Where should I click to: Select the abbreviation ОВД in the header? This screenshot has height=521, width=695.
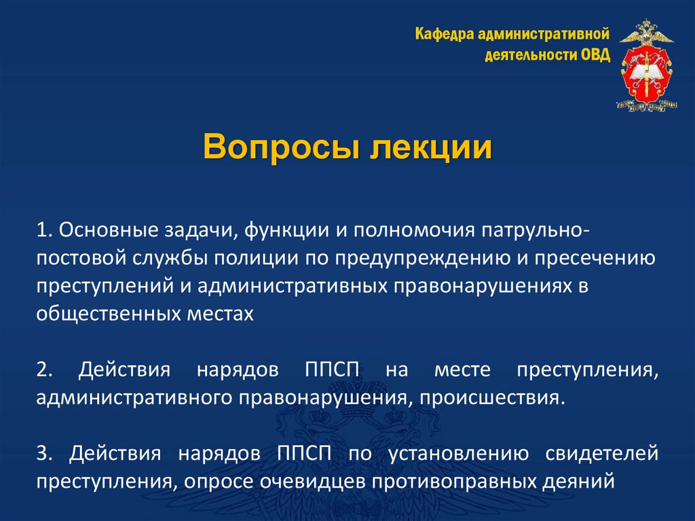pyautogui.click(x=595, y=54)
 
